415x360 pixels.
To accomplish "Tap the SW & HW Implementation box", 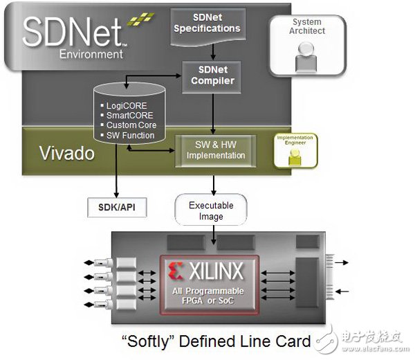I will pyautogui.click(x=215, y=150).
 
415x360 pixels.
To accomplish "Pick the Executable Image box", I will pyautogui.click(x=211, y=210).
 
